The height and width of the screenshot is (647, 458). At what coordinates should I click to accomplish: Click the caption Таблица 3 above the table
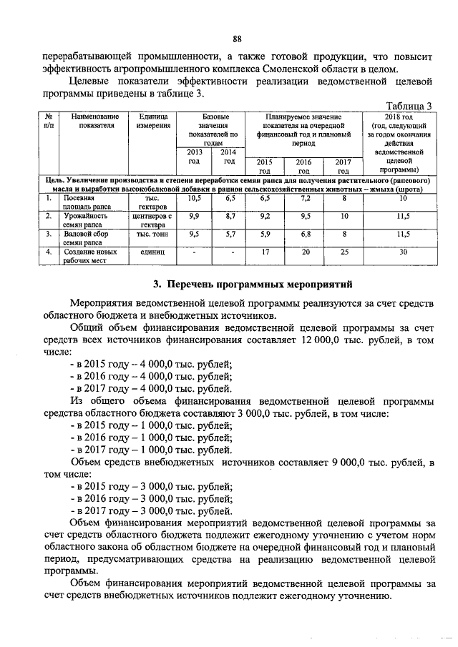409,106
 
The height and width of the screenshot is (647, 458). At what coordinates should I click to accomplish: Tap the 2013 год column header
195,157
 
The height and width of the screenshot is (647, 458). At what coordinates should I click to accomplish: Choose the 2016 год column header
303,166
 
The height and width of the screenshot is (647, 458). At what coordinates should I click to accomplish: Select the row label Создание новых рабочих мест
86,257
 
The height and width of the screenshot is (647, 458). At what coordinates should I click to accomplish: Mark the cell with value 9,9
195,215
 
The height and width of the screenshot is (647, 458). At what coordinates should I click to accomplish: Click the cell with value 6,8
303,234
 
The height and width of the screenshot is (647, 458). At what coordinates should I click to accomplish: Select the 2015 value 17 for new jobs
264,252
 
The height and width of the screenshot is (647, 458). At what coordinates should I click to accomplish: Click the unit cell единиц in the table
152,252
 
